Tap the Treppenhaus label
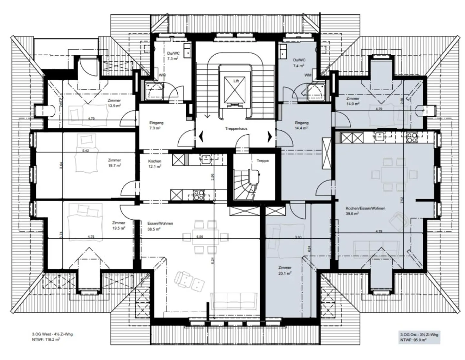point(236,129)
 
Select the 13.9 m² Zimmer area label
point(114,103)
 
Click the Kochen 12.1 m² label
point(155,164)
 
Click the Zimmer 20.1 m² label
point(284,270)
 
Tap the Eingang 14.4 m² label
point(301,125)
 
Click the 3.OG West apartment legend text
point(50,336)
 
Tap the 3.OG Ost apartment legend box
point(419,337)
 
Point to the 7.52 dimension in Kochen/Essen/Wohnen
point(401,200)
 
